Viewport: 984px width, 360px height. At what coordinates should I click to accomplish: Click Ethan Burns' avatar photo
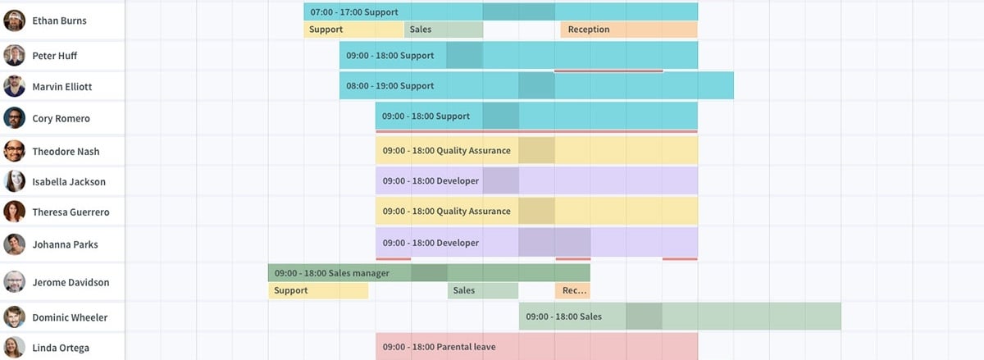(x=15, y=21)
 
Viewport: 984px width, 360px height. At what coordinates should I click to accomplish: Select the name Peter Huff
(x=55, y=56)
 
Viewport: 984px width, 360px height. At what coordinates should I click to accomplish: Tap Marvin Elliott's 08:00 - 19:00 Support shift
(x=536, y=86)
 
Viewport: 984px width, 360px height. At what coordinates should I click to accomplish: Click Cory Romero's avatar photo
(x=15, y=118)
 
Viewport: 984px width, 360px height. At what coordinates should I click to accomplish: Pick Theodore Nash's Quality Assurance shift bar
(x=536, y=151)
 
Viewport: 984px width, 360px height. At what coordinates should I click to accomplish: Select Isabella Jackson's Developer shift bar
(x=536, y=180)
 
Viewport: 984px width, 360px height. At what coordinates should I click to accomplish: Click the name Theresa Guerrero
(x=71, y=212)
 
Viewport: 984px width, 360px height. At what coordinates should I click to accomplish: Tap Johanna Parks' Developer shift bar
(x=536, y=243)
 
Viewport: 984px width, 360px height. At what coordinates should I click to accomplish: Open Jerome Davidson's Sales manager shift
(x=429, y=272)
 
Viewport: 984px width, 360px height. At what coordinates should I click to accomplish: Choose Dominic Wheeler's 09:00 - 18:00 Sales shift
(x=680, y=317)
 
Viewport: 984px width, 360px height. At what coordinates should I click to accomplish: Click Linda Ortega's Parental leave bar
(x=536, y=347)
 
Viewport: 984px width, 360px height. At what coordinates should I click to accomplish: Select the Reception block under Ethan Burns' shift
(x=629, y=30)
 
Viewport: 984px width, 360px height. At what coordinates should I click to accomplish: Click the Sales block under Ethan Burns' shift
(x=444, y=30)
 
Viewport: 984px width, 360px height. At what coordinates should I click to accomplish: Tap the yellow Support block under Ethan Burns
(x=353, y=30)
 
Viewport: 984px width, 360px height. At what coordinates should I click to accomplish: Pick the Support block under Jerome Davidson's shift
(x=318, y=290)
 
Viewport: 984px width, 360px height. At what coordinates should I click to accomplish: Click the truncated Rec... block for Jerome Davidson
(x=572, y=290)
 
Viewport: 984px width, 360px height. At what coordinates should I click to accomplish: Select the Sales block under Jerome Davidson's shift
(x=483, y=290)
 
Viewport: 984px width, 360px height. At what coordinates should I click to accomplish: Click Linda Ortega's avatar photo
(x=15, y=347)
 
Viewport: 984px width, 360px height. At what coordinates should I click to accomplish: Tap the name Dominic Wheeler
(x=70, y=317)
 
